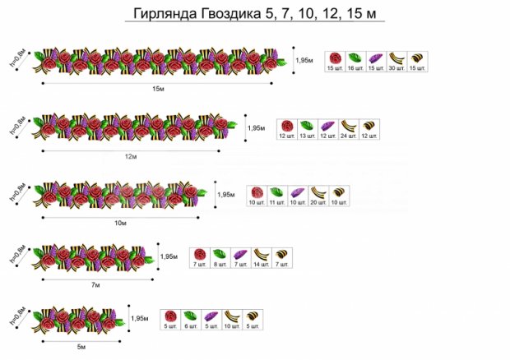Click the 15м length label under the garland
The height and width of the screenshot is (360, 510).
pos(156,88)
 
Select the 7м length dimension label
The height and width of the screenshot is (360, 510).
pos(95,284)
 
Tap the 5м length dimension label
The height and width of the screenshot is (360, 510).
pos(81,346)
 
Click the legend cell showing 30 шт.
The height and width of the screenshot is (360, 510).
pos(397,62)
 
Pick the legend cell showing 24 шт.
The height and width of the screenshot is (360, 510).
pos(347,130)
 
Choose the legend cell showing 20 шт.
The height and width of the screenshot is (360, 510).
pos(318,196)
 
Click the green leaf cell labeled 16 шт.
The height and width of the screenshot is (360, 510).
pos(355,62)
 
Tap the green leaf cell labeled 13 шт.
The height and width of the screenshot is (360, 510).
pos(306,130)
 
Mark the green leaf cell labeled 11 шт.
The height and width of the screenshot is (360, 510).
pos(277,196)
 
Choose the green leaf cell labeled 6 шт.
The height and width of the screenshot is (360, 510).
pos(190,320)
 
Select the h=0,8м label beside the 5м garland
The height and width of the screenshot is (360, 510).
pos(17,318)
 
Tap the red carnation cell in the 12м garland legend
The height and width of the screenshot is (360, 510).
pos(286,130)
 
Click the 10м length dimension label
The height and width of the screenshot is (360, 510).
pos(120,223)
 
